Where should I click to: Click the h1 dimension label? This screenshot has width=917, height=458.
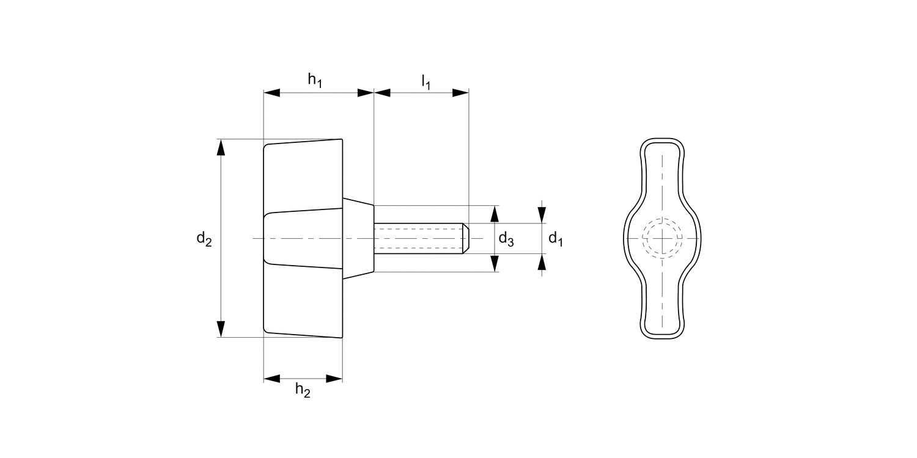(x=315, y=80)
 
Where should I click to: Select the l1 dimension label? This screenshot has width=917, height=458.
(x=425, y=81)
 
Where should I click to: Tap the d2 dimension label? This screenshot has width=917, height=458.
(x=204, y=239)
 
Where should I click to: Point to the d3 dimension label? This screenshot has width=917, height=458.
(x=506, y=239)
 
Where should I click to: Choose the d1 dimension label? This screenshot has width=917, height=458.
(x=555, y=239)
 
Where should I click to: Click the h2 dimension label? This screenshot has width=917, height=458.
(x=303, y=390)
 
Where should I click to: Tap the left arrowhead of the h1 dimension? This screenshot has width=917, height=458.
(x=271, y=93)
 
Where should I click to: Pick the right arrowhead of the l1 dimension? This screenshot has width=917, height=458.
(x=460, y=93)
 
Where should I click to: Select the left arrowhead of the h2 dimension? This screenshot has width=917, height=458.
(x=271, y=379)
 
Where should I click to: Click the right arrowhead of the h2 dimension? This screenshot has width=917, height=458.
(x=334, y=379)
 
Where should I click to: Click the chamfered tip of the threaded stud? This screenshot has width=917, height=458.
(x=466, y=238)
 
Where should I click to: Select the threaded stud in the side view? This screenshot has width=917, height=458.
(x=419, y=238)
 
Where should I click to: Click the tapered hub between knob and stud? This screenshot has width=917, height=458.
(x=358, y=238)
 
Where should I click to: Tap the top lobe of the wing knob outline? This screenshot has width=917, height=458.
(x=662, y=159)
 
